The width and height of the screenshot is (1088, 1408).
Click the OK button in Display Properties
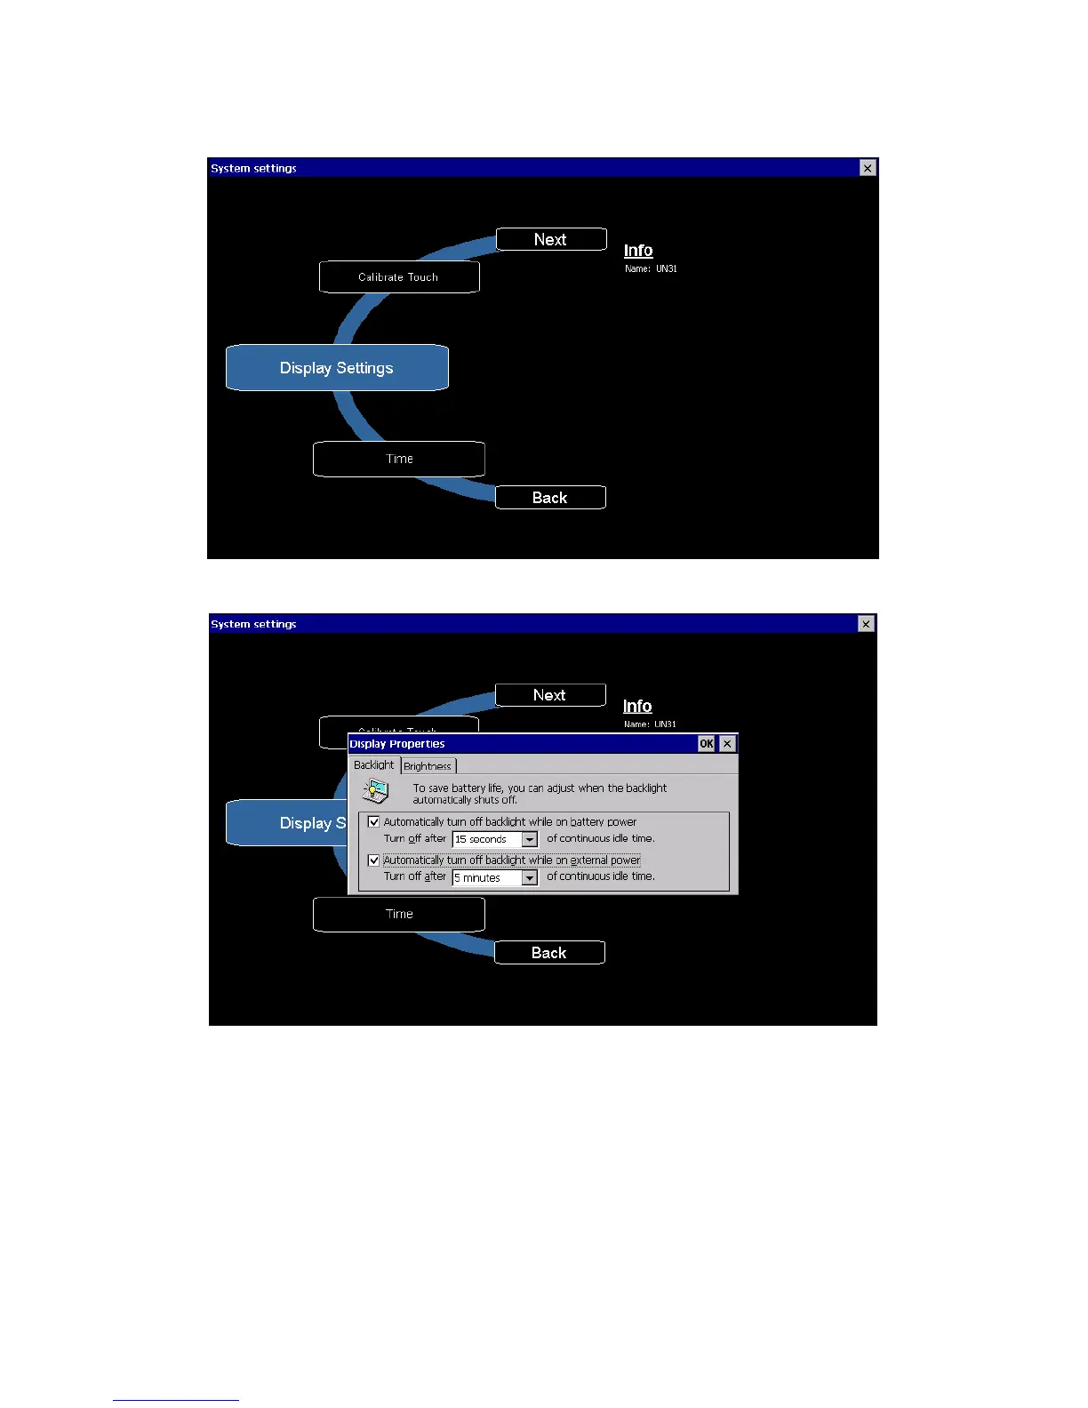click(706, 744)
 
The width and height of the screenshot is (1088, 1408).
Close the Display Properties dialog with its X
click(727, 744)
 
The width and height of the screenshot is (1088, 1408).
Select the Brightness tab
click(428, 766)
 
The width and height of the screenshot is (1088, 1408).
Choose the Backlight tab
click(373, 764)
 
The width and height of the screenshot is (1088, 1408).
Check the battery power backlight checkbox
click(374, 822)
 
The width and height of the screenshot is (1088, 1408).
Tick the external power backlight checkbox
click(374, 860)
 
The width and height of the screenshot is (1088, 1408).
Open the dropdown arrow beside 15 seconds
click(530, 839)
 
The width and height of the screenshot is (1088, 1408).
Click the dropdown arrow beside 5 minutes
click(530, 878)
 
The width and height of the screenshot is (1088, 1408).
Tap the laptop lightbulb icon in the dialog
click(376, 791)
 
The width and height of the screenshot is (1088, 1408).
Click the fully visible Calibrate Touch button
click(399, 276)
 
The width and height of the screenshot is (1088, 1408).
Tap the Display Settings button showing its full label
click(337, 368)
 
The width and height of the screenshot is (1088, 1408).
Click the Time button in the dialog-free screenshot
click(399, 459)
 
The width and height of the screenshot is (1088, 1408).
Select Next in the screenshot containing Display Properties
click(550, 695)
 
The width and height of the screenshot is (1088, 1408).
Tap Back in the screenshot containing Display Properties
click(549, 953)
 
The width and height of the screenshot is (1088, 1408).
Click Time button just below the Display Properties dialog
click(399, 915)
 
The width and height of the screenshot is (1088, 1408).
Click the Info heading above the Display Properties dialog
click(637, 706)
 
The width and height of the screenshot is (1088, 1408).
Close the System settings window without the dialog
click(868, 168)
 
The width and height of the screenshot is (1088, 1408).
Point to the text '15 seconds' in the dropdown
click(481, 839)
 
